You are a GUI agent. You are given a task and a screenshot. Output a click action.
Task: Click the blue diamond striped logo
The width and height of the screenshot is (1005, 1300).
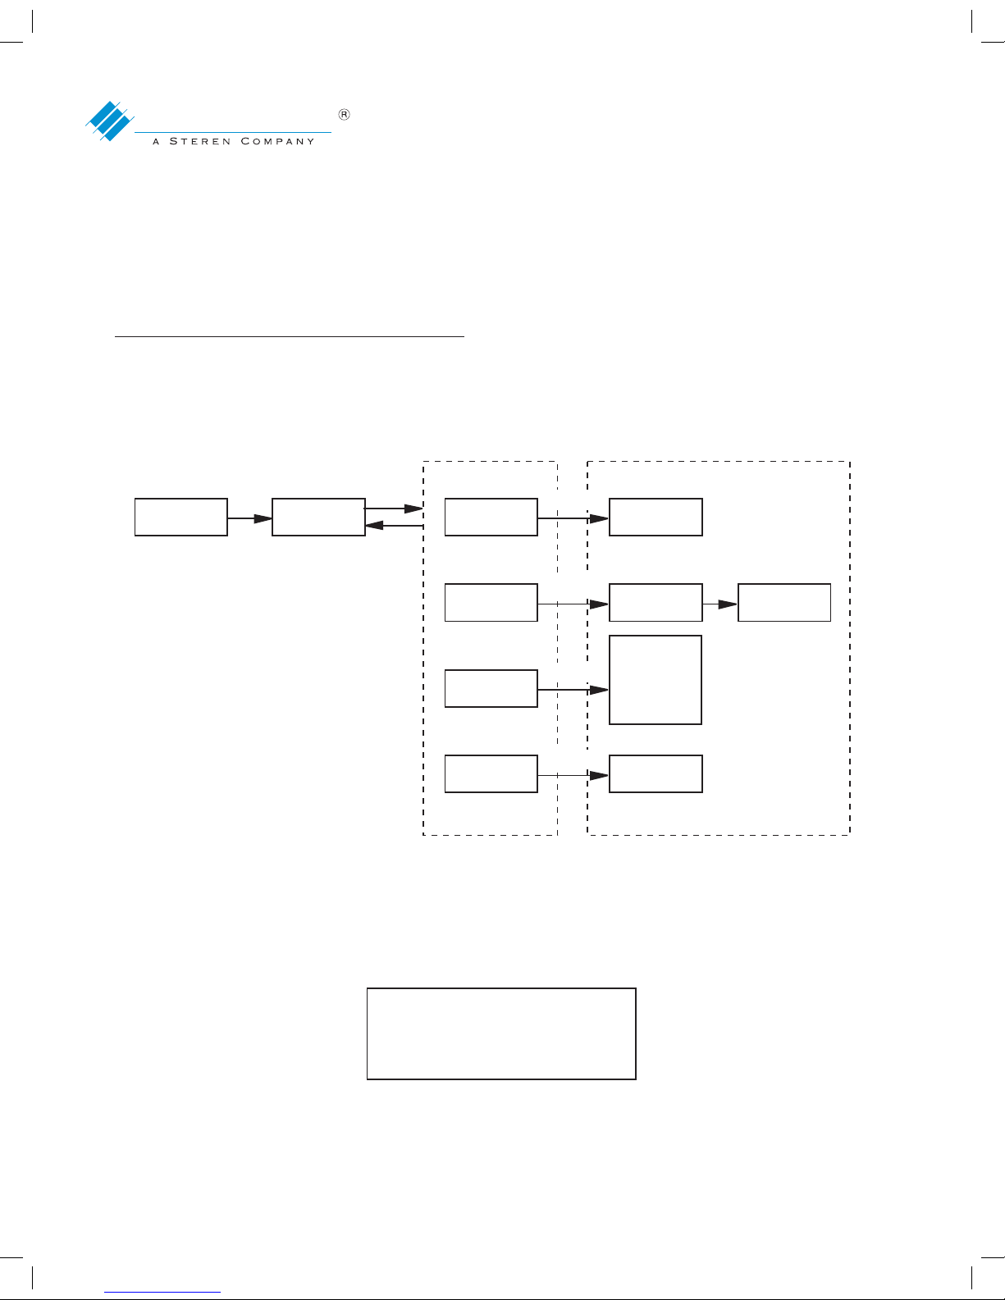[x=110, y=121]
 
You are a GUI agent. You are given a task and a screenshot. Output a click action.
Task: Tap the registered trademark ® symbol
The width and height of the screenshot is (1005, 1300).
[x=345, y=115]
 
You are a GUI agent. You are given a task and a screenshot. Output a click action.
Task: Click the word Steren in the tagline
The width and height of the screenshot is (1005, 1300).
[x=200, y=141]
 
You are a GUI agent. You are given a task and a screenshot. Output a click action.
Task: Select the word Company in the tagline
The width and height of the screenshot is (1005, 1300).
[x=277, y=141]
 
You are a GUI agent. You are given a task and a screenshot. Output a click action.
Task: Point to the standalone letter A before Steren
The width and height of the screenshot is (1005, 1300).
[x=156, y=141]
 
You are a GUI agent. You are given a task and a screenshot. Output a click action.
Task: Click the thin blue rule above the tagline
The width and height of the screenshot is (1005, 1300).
[x=232, y=131]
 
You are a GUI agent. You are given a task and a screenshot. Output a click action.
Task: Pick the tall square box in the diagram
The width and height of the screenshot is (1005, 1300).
[x=656, y=680]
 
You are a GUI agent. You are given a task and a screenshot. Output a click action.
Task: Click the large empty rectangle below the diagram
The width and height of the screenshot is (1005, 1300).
[x=501, y=1033]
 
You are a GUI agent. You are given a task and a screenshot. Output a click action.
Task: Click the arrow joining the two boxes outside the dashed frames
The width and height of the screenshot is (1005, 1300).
[x=249, y=518]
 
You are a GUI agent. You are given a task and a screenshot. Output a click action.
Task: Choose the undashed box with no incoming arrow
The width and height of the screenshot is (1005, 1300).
[x=180, y=517]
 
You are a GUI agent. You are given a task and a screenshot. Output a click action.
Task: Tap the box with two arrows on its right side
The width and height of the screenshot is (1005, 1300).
[x=318, y=517]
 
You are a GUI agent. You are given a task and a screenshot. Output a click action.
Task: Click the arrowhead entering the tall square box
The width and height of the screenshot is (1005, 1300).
[x=600, y=690]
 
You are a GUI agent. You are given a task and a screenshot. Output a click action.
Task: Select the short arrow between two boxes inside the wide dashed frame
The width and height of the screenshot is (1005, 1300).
[x=720, y=604]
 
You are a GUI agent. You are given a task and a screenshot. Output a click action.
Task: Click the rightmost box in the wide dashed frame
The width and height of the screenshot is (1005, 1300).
[x=784, y=603]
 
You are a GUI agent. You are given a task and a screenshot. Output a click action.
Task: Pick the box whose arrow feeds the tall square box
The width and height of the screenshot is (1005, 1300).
[x=491, y=688]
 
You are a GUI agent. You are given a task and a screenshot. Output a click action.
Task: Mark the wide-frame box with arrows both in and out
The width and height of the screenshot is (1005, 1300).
[x=656, y=603]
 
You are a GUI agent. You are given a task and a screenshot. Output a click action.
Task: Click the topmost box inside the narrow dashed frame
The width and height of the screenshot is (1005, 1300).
[x=491, y=517]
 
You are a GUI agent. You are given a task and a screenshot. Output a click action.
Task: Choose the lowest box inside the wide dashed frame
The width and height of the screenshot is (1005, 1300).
[x=656, y=773]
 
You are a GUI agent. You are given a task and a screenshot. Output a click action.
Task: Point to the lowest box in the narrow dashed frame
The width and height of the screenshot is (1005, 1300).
[x=491, y=773]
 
